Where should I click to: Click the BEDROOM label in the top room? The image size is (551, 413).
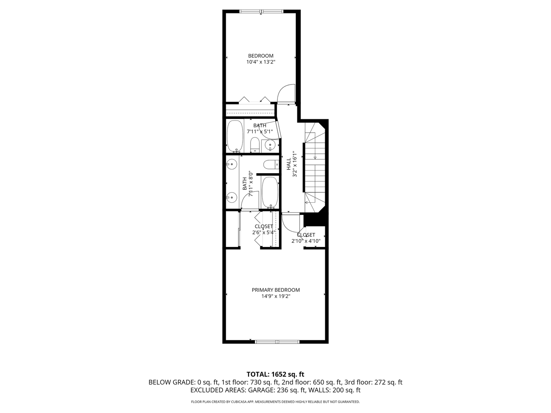coord(261,56)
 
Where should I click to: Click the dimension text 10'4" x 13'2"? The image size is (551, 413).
coord(261,62)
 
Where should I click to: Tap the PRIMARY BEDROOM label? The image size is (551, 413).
coord(275,290)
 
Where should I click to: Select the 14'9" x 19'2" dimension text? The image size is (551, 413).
coord(275,296)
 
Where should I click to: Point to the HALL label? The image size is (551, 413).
coord(289,164)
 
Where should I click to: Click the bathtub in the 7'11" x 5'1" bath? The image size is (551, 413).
coord(235,136)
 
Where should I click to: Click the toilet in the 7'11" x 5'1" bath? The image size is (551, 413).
coord(255,145)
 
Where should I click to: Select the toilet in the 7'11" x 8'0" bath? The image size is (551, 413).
coord(271,164)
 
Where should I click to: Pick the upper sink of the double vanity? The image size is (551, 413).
coord(231,164)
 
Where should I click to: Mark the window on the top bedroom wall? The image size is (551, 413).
coord(261,11)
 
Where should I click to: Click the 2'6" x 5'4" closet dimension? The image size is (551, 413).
coord(264,233)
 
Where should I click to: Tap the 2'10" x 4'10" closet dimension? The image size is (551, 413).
coord(306,241)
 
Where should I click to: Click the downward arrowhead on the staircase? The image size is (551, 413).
coord(315,158)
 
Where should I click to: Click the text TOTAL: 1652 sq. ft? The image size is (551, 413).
coord(275,374)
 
